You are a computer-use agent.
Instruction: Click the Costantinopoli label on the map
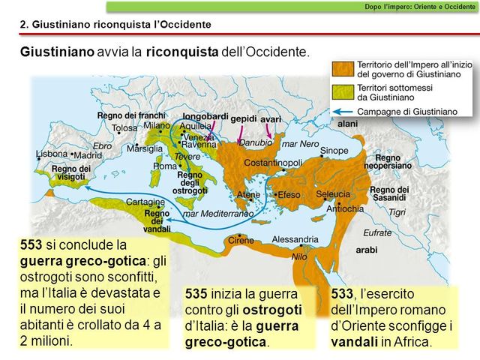point(271,163)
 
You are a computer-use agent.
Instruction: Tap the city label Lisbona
point(52,154)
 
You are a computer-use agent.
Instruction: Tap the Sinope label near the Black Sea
point(334,151)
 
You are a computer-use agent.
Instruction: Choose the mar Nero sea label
point(299,143)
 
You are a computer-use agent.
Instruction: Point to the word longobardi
point(205,118)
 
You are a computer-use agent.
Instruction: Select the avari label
point(271,118)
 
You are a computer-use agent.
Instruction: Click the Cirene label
point(241,240)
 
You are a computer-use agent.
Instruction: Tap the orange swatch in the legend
point(343,70)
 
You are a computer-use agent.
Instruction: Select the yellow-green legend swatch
point(343,91)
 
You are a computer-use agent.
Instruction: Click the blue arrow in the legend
point(343,110)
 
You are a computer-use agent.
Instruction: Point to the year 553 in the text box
point(31,244)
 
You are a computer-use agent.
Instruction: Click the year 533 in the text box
point(342,293)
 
